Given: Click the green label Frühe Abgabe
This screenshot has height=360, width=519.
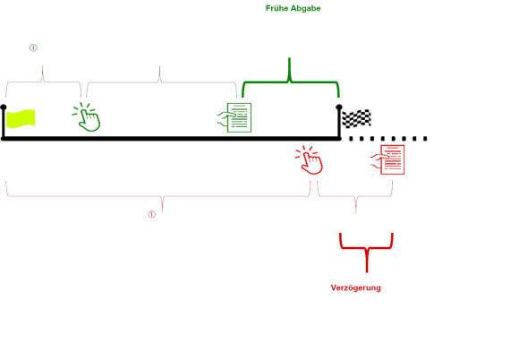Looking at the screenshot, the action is click(x=293, y=8).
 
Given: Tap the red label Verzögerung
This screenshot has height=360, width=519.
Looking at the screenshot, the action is click(x=356, y=287).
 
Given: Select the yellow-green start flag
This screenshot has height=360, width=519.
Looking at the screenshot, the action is click(x=21, y=118).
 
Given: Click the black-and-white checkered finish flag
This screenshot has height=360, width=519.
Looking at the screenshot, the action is click(x=356, y=118).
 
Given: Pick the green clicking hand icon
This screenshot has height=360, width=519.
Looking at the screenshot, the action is click(x=87, y=117).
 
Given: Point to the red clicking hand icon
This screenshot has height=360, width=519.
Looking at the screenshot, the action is click(x=309, y=159).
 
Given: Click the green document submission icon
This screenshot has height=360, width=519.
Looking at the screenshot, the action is click(x=234, y=117).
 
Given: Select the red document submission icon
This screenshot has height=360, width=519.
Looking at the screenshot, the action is click(x=387, y=159).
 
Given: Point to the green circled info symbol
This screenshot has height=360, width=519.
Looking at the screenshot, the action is click(x=33, y=47).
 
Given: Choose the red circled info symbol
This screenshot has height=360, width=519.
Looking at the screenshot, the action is click(x=151, y=215).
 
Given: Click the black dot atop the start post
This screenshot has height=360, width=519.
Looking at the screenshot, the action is click(x=4, y=107).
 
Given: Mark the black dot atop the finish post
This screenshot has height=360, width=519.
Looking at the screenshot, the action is click(x=339, y=107).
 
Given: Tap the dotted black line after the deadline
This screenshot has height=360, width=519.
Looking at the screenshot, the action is click(x=388, y=139).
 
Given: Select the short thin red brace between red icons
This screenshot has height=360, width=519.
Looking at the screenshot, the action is click(x=355, y=196).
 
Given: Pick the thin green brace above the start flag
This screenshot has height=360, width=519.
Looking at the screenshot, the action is click(x=42, y=81).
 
